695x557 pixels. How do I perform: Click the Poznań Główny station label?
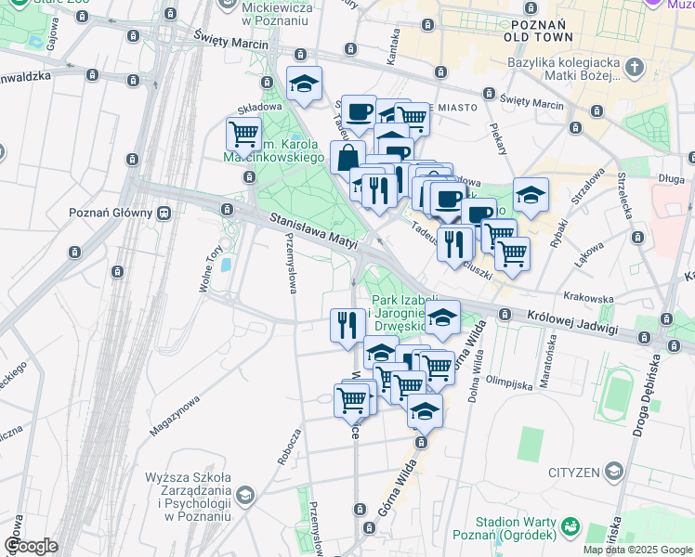[x=111, y=212]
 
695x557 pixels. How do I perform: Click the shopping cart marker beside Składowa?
[x=244, y=134]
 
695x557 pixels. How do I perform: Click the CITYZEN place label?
[x=573, y=473]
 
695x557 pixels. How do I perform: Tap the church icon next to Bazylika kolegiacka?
[x=635, y=67]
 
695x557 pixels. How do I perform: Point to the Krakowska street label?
[x=587, y=299]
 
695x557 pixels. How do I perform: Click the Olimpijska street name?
[x=507, y=380]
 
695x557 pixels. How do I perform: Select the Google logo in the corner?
[x=31, y=546]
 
